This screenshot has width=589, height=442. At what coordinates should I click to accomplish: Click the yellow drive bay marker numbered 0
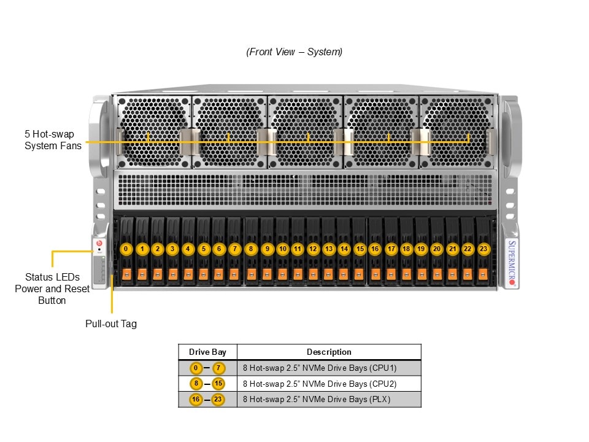(126, 249)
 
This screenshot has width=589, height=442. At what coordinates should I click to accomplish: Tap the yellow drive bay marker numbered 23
(483, 249)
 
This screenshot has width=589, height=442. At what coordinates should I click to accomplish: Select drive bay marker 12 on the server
(313, 249)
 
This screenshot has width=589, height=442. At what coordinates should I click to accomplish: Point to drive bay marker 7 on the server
(234, 249)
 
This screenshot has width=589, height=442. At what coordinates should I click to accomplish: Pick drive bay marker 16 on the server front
(375, 249)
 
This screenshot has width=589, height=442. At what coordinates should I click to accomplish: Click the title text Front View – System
(294, 52)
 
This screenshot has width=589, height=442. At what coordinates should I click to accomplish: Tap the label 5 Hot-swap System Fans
(53, 140)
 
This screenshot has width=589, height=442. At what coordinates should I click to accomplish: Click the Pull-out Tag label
(111, 324)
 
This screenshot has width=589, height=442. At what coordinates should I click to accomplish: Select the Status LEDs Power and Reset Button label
(52, 289)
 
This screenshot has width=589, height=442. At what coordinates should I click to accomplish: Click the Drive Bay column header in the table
(207, 352)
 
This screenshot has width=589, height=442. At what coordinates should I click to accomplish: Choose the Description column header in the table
(329, 352)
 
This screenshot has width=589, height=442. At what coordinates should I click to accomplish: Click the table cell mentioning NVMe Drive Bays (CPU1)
(320, 368)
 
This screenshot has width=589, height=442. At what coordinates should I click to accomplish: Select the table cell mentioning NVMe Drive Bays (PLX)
(317, 400)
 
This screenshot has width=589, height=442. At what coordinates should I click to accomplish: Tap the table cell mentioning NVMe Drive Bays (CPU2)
(320, 384)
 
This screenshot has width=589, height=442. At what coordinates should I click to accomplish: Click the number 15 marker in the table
(218, 384)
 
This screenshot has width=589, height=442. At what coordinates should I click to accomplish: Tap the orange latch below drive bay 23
(483, 274)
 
